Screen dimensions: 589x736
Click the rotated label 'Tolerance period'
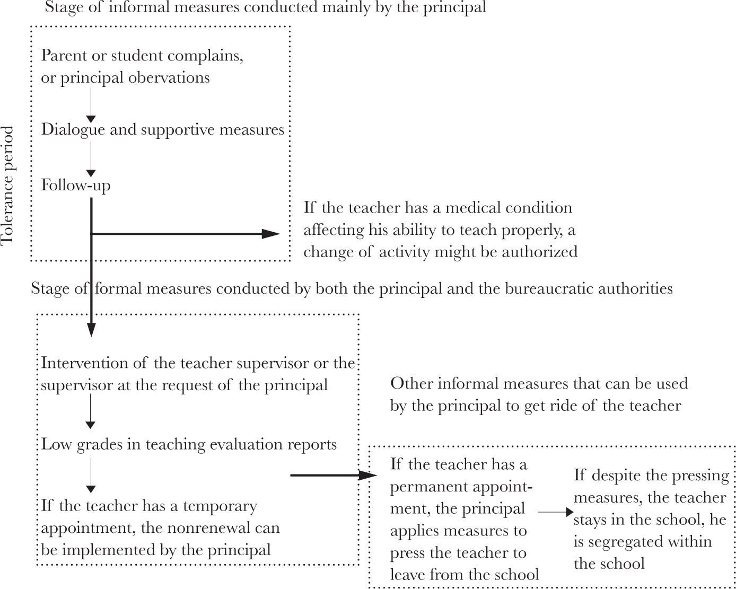[7, 186]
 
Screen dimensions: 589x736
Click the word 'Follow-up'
[76, 186]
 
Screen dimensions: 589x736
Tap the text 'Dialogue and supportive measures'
[163, 130]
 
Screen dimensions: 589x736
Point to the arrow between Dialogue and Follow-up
[91, 159]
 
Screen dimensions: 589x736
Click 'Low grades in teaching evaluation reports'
[189, 444]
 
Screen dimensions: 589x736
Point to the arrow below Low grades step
[91, 475]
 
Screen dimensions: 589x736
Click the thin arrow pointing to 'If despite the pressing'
[556, 513]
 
